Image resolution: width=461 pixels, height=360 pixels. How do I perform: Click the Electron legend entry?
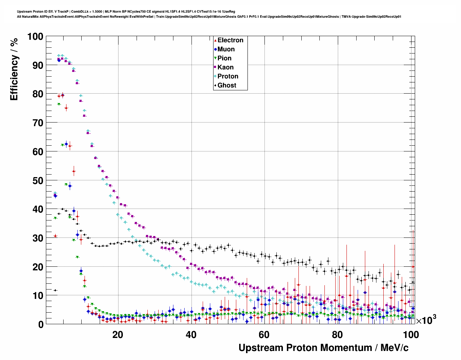tap(230, 40)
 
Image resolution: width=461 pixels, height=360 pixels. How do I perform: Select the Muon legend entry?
tap(226, 49)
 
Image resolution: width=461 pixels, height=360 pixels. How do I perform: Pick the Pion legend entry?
tap(224, 58)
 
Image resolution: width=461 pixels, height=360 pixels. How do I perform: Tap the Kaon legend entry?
tap(225, 67)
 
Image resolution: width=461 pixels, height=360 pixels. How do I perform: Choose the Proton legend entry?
tap(228, 76)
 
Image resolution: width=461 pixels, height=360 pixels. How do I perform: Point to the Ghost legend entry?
tap(227, 85)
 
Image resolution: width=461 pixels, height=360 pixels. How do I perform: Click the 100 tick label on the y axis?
tap(35, 37)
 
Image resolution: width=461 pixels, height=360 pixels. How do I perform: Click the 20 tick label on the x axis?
tap(117, 335)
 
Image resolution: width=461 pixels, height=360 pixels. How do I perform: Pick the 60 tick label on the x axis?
tap(264, 335)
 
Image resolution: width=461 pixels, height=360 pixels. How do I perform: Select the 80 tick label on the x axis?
tap(337, 335)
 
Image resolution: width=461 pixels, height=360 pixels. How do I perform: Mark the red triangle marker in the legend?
tap(215, 40)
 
